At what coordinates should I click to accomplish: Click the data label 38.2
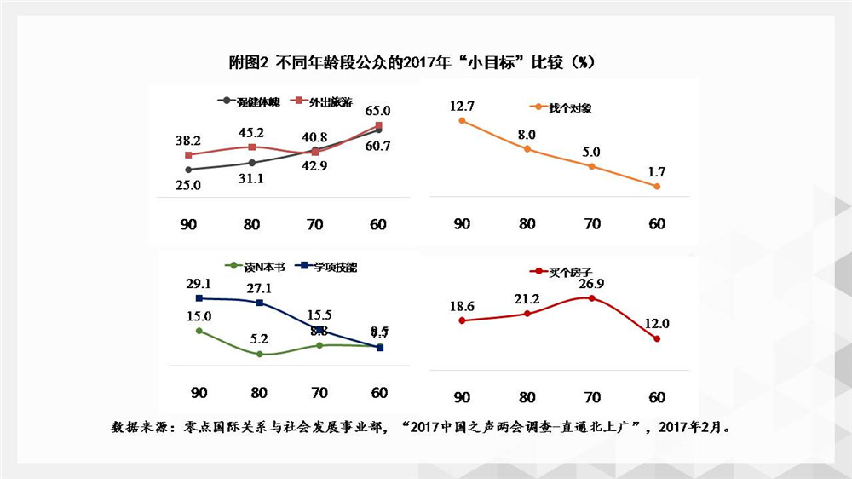coord(187,139)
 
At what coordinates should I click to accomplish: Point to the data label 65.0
coord(377,110)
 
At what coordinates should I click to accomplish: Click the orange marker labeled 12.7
coord(462,121)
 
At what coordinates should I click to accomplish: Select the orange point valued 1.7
coord(657,186)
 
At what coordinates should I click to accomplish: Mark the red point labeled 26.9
coord(591,298)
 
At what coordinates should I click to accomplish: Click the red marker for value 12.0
coord(657,338)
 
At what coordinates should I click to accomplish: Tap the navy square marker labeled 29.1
coord(199,297)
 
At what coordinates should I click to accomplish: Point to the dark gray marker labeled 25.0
coord(188,170)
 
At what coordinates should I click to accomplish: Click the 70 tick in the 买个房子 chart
coord(592,397)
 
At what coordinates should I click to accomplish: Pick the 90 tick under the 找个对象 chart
coord(462,223)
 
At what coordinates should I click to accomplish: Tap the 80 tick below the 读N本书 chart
coord(261,393)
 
